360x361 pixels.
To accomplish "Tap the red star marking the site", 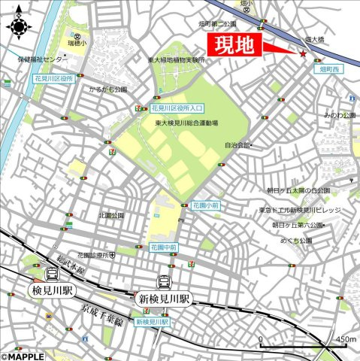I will [x=303, y=54].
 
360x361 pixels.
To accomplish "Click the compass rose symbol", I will [x=18, y=28].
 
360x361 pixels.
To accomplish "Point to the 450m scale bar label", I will [x=346, y=340].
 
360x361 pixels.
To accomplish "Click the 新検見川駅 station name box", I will [x=164, y=299].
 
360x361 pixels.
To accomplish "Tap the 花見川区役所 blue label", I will [x=53, y=77].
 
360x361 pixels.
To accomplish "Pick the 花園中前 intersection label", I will [x=162, y=247].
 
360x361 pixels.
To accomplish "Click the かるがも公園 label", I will [x=108, y=89].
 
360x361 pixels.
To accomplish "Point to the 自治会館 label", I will [x=235, y=145].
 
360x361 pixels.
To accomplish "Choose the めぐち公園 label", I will [x=295, y=241].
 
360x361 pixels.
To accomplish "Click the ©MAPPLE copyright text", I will [x=23, y=356].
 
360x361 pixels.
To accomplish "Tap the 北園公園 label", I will [x=110, y=214].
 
